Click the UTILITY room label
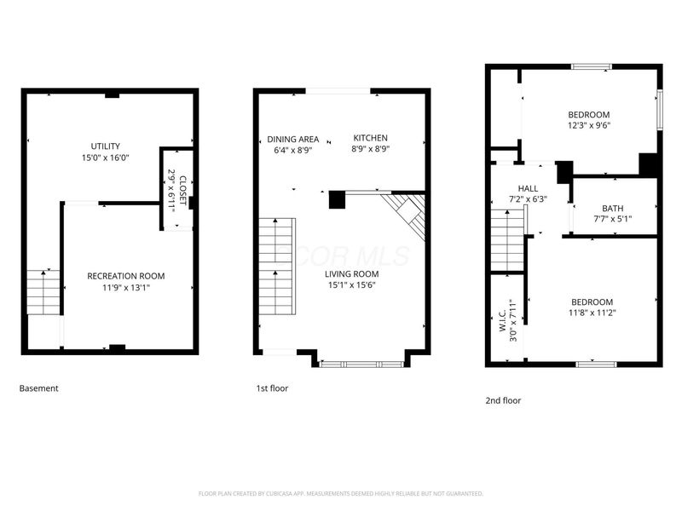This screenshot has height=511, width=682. pyautogui.click(x=107, y=146)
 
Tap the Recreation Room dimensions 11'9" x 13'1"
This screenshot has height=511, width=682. pyautogui.click(x=126, y=288)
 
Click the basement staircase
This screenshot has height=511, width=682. pyautogui.click(x=43, y=292)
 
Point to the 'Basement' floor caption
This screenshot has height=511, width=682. pyautogui.click(x=39, y=388)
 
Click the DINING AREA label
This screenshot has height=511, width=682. pyautogui.click(x=292, y=139)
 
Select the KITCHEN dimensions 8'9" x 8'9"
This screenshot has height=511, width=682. pyautogui.click(x=371, y=150)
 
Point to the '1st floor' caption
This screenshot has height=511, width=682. pyautogui.click(x=272, y=388)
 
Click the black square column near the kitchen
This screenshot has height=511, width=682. pyautogui.click(x=337, y=200)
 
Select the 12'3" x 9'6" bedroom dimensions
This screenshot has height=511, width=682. pyautogui.click(x=589, y=126)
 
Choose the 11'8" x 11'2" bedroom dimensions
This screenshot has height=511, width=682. pyautogui.click(x=592, y=313)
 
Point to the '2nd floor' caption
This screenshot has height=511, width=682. pyautogui.click(x=503, y=400)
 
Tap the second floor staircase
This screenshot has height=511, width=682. pyautogui.click(x=507, y=239)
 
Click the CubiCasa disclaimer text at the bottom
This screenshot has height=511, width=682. pyautogui.click(x=341, y=493)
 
